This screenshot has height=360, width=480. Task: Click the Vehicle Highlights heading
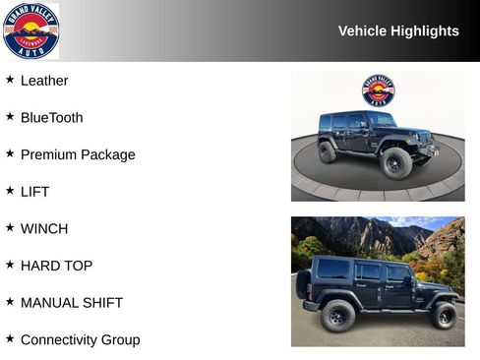tap(398, 30)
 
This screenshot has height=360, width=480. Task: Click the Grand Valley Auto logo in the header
tap(30, 30)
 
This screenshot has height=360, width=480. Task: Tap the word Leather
tap(44, 81)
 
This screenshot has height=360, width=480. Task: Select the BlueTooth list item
tap(51, 118)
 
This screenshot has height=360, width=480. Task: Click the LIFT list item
tap(34, 192)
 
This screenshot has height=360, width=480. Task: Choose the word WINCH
tap(44, 228)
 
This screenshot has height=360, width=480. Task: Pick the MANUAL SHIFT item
tap(72, 303)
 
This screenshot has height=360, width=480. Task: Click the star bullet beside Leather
tap(10, 80)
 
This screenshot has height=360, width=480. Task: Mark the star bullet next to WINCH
tap(10, 227)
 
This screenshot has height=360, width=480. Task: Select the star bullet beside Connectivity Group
tap(10, 338)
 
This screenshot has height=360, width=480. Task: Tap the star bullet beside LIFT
tap(10, 191)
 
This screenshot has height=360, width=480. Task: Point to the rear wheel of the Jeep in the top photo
tap(328, 152)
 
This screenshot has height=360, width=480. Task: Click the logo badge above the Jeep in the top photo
tap(378, 90)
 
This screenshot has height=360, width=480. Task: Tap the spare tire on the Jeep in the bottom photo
tap(303, 284)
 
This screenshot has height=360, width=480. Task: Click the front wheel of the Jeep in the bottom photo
tap(443, 316)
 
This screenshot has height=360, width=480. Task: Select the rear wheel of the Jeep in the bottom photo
tap(337, 316)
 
